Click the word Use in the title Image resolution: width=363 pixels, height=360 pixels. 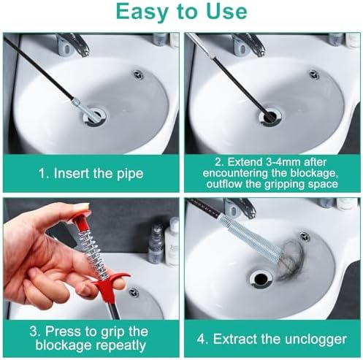tap(226, 12)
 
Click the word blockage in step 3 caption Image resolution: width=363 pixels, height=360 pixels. tap(64, 345)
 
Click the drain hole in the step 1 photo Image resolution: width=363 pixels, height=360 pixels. tap(94, 118)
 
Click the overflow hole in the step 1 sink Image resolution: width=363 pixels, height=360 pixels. tap(138, 74)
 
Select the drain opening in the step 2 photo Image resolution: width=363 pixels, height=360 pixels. tap(270, 118)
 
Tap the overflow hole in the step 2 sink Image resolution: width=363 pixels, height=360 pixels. tap(314, 74)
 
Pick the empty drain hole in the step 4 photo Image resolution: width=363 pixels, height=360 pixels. tap(261, 278)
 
